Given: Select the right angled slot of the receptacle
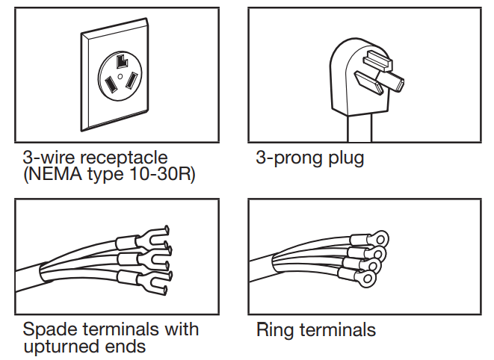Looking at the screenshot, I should pos(132,78).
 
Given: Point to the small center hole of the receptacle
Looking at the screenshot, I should pos(120,75).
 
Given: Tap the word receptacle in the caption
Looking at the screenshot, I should pos(119,158).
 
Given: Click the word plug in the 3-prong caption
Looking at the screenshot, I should pos(345,158).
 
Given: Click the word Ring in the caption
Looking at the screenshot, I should pos(275,329).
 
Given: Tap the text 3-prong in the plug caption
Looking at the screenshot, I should pos(287,158).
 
